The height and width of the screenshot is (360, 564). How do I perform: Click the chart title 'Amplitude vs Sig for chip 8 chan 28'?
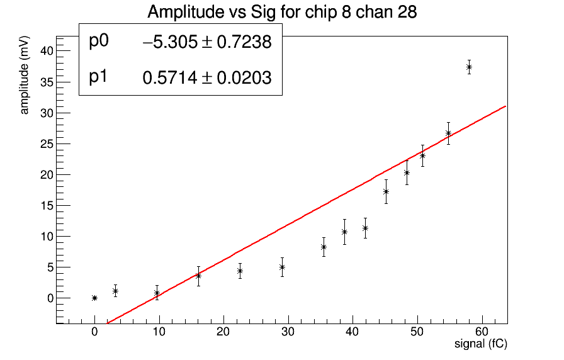(282, 12)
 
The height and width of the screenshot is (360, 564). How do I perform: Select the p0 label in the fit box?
(99, 41)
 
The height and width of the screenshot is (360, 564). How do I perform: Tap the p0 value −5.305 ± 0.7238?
(207, 42)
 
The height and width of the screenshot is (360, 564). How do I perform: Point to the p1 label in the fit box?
(99, 77)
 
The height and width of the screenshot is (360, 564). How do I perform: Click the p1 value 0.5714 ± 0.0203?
(207, 78)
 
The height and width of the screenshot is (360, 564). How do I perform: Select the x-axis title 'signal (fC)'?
(481, 344)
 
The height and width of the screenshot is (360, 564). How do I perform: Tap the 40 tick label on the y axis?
(48, 51)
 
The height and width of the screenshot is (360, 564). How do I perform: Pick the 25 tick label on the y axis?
(48, 143)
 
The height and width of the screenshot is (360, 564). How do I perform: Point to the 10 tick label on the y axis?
(48, 236)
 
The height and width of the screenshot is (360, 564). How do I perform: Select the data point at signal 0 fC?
(94, 298)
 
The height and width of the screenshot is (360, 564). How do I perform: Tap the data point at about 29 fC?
(282, 267)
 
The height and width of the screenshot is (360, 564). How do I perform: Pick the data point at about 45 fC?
(386, 191)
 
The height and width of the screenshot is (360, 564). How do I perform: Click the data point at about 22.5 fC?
(240, 271)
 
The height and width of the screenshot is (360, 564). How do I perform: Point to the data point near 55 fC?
(448, 133)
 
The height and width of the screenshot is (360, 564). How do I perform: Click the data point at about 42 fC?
(365, 228)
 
